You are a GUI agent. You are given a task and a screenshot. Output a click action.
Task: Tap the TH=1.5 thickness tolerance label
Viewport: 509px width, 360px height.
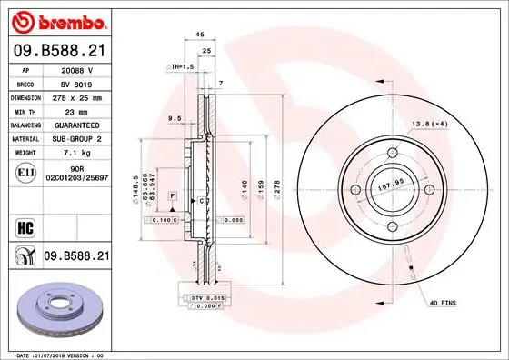point(181,67)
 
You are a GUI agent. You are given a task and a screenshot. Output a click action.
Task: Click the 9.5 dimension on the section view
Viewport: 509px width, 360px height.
point(174,118)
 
